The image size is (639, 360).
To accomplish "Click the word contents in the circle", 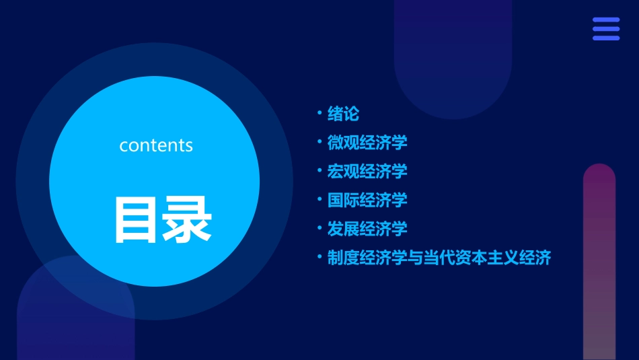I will pyautogui.click(x=156, y=145).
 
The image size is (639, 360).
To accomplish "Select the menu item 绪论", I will pyautogui.click(x=343, y=114).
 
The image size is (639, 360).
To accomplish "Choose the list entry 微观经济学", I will pyautogui.click(x=367, y=143).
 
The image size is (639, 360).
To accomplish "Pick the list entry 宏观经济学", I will pyautogui.click(x=367, y=172).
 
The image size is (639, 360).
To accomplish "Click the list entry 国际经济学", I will pyautogui.click(x=367, y=200).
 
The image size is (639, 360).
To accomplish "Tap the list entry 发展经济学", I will pyautogui.click(x=367, y=229).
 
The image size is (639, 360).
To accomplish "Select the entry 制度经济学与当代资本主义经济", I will pyautogui.click(x=439, y=258).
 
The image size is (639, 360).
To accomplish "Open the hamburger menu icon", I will pyautogui.click(x=606, y=29).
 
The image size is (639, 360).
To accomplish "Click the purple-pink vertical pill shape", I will pyautogui.click(x=599, y=262).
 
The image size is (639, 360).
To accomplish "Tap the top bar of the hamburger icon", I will pyautogui.click(x=606, y=20).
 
